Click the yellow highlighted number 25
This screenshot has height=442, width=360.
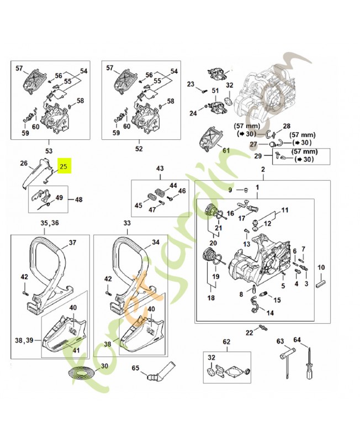64,165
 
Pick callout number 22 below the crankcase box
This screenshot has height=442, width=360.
249,332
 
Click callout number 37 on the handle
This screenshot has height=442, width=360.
72,243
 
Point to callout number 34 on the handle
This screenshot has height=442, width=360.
156,243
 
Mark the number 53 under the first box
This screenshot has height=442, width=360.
49,150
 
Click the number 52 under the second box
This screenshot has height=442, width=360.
139,149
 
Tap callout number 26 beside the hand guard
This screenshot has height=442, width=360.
24,164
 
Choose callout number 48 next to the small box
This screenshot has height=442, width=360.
78,199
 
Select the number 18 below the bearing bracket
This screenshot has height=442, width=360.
210,298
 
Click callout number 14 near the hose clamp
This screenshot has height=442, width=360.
270,313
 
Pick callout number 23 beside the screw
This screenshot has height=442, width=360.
191,85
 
